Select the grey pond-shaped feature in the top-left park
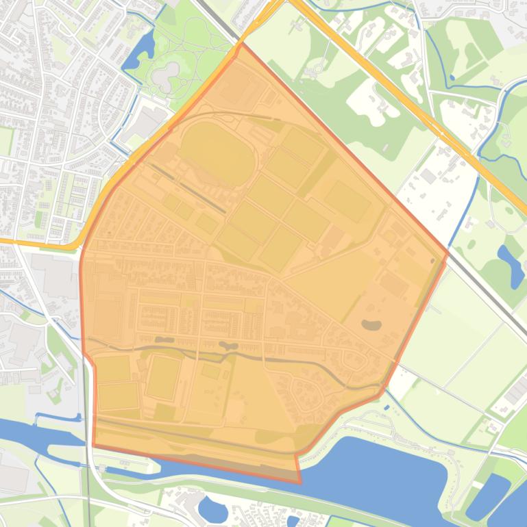click(x=167, y=77)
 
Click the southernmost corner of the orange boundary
click(x=299, y=483)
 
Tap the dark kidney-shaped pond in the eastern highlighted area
click(x=371, y=324)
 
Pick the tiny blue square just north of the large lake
click(x=387, y=407)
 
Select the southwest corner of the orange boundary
click(x=94, y=445)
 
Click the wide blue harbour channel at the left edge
click(x=27, y=433)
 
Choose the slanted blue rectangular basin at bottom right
click(x=488, y=495)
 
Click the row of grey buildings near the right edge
click(x=515, y=390)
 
